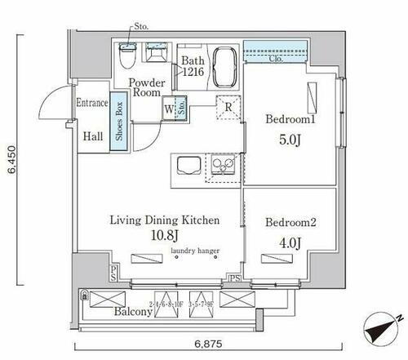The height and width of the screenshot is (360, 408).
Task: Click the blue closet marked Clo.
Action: pos(274,56)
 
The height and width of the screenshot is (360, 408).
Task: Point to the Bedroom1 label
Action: pos(289,118)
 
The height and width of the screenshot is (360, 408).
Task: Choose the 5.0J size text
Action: pos(289,139)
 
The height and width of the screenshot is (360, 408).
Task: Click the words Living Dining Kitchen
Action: pos(166,220)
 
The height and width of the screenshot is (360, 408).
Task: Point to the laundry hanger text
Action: pos(197,252)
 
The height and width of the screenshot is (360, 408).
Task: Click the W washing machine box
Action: pos(168,106)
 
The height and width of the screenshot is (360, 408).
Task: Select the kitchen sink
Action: pos(220,166)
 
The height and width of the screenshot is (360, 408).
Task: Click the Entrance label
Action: pos(92,104)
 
